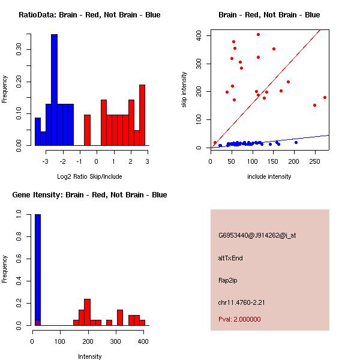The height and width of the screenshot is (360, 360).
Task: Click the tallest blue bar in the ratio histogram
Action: coord(54,90)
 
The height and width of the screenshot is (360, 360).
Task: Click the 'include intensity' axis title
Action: coord(269,176)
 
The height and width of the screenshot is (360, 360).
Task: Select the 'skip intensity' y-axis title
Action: coord(184,90)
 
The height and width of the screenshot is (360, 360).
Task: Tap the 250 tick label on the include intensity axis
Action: coord(314,161)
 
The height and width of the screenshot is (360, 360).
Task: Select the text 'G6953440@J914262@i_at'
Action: coord(257,235)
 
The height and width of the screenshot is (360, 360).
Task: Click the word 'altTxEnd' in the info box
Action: coord(230,258)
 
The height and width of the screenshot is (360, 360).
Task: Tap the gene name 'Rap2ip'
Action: coord(228,280)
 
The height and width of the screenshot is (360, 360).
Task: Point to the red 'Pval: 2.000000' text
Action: coord(239,319)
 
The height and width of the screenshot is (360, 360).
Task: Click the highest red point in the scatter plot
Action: coord(258,34)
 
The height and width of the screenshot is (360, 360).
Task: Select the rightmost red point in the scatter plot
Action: coord(325,97)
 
